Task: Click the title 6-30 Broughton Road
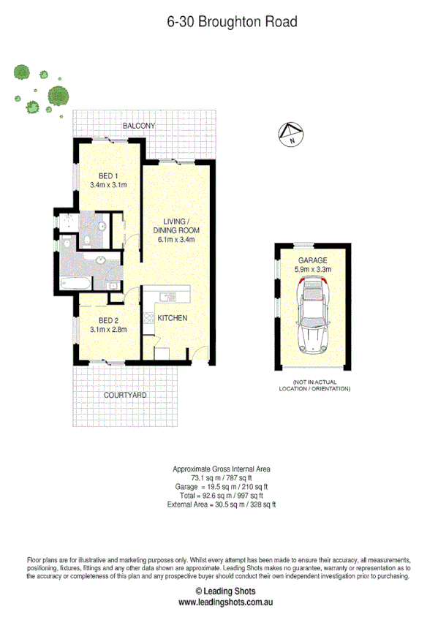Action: [x=232, y=23]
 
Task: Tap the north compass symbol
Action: [x=291, y=134]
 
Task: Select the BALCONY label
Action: [x=139, y=126]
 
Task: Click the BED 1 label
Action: [x=108, y=175]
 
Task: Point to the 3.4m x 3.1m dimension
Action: [x=108, y=185]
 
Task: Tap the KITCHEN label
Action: [x=173, y=318]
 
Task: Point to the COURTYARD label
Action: [x=125, y=395]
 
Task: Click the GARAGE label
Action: [x=312, y=260]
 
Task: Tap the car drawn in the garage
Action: [x=313, y=318]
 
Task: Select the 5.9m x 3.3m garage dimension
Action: [x=312, y=270]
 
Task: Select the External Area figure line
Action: [x=221, y=504]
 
